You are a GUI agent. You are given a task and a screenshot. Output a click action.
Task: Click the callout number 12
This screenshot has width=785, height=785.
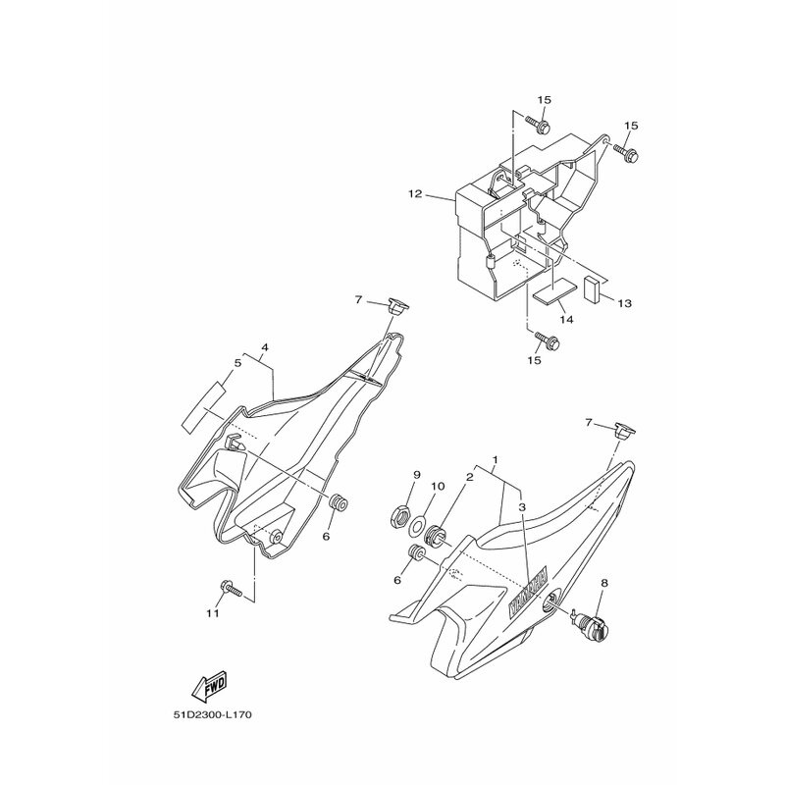415,194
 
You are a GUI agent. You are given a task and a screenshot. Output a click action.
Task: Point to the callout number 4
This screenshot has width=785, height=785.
265,347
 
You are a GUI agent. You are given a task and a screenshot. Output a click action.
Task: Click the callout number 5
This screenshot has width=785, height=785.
237,363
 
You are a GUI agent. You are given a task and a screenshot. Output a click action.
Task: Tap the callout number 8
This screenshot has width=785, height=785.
603,583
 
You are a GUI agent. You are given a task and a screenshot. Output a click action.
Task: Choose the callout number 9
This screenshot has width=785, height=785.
416,476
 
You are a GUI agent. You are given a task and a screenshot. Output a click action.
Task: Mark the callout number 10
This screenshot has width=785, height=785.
438,486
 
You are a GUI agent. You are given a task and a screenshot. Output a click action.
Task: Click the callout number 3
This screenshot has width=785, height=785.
523,507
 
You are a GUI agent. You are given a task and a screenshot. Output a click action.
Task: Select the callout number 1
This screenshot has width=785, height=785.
496,459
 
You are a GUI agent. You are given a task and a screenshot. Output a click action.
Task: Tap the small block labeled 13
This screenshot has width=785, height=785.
592,288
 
